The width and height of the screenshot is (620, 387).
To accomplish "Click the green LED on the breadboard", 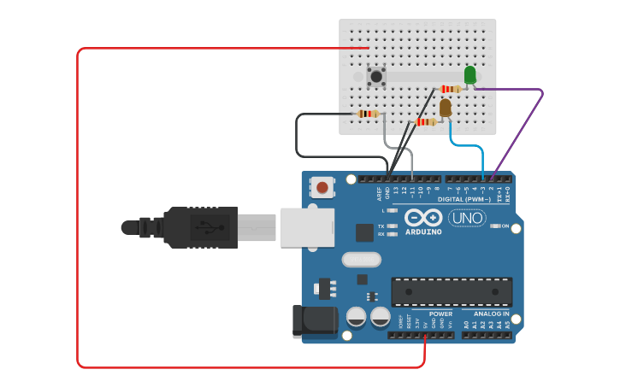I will click(469, 74).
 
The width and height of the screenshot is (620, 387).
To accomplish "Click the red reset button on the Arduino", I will click(322, 186).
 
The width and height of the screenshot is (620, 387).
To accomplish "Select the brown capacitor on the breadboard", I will click(445, 108).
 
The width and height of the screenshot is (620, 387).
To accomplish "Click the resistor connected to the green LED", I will click(450, 89).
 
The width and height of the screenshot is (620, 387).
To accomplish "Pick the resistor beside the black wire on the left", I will click(369, 114).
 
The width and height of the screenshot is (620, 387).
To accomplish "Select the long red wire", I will click(78, 214).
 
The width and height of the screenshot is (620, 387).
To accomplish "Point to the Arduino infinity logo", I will click(423, 218).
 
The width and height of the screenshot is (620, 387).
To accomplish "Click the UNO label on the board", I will click(467, 218).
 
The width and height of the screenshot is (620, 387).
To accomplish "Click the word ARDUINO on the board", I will click(423, 232).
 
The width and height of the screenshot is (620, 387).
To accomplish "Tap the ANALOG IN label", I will click(491, 314).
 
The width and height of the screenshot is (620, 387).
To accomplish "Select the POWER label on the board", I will click(440, 314).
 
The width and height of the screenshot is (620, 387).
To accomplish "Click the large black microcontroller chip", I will click(452, 291).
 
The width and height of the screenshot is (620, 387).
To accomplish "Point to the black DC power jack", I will click(314, 320).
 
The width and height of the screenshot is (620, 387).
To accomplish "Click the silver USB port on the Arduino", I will click(307, 227).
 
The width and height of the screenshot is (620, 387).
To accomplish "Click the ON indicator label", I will click(505, 226).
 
